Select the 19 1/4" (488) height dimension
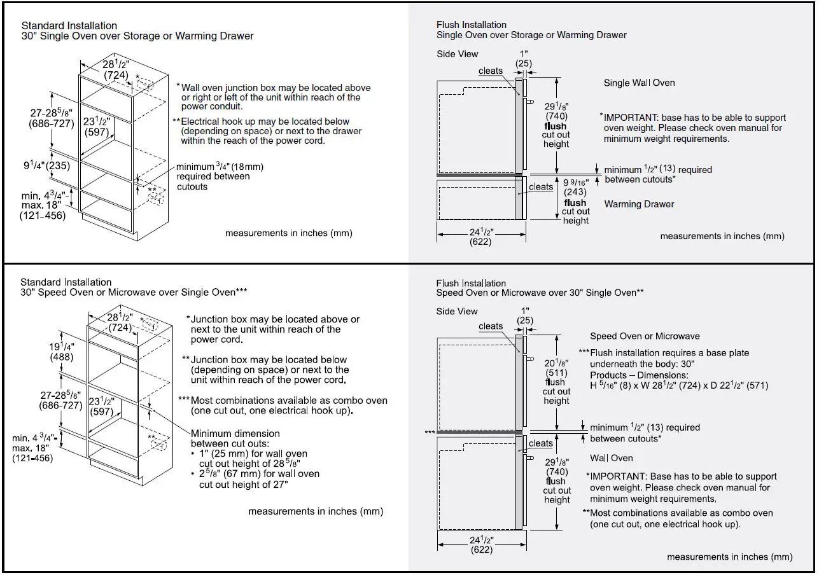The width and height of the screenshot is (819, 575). (62, 352)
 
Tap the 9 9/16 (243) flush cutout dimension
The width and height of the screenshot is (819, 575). (575, 187)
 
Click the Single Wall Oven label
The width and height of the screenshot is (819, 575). (639, 83)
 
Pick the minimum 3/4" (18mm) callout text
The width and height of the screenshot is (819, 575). (220, 176)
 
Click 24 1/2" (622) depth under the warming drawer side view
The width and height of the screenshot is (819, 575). (481, 237)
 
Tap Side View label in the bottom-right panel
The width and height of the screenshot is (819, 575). (457, 311)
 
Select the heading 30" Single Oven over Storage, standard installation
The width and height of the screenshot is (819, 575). (137, 36)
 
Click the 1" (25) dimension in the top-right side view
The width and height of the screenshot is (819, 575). (524, 59)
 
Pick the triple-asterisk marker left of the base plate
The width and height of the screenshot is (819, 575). (430, 432)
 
